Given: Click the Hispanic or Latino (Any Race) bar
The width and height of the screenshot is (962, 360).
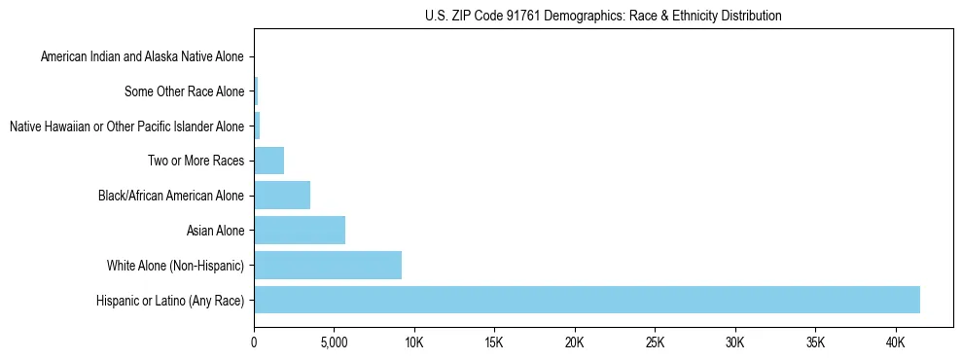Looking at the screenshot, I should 587,300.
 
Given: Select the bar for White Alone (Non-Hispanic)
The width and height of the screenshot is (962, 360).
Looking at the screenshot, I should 328,265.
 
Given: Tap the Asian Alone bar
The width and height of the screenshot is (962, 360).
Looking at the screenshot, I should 300,230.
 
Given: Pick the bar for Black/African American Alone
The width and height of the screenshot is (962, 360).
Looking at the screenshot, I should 282,195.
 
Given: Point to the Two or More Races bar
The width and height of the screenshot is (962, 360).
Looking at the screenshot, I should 268,160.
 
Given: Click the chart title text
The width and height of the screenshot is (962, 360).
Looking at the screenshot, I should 603,16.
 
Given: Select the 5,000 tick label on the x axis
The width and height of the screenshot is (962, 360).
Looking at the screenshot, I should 334,343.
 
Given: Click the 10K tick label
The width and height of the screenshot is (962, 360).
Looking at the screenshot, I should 414,343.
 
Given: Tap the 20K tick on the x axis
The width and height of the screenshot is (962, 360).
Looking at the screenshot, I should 575,343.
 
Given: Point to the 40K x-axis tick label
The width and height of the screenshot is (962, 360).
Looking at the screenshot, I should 895,343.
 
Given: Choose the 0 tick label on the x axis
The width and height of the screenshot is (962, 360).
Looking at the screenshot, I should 254,343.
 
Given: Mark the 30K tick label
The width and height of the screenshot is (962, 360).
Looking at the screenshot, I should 734,343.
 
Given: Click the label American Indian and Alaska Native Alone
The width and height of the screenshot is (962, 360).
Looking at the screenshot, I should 142,56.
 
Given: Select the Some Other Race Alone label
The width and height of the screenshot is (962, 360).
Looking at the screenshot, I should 184,91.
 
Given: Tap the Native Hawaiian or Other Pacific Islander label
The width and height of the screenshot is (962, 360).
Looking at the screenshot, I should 126,126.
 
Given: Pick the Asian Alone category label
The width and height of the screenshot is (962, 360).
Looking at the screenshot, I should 215,231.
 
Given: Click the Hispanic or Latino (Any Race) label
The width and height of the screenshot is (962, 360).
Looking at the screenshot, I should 170,301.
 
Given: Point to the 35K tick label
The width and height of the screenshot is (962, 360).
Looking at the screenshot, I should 815,343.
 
